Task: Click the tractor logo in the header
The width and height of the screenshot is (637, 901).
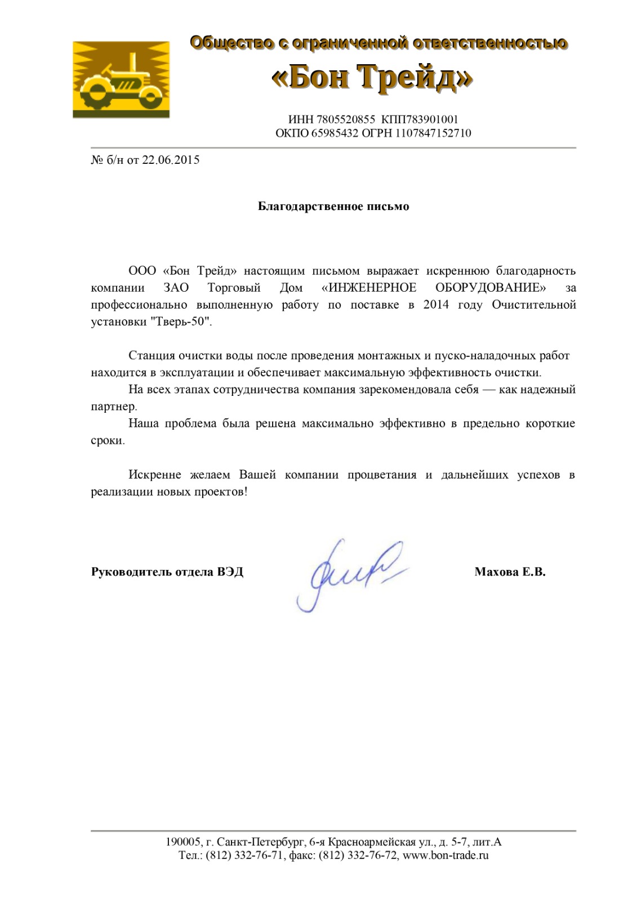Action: [121, 79]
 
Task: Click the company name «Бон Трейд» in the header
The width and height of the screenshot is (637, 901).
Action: [372, 77]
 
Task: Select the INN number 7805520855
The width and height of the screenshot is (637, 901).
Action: [346, 119]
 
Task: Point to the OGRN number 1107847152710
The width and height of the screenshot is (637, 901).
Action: [433, 133]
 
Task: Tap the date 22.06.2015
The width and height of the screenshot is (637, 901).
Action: [171, 160]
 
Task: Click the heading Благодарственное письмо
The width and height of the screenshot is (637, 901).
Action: [333, 207]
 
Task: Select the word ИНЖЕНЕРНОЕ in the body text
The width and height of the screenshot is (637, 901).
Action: [372, 288]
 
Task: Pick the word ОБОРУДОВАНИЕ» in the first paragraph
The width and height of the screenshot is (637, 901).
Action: [491, 288]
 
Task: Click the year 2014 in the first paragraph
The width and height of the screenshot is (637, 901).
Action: [436, 305]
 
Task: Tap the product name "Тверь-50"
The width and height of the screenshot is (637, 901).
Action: [181, 322]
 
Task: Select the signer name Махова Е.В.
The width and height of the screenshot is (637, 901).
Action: [510, 572]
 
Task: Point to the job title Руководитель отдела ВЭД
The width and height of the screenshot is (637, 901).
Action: [167, 572]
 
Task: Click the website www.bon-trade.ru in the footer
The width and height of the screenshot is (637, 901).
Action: [446, 855]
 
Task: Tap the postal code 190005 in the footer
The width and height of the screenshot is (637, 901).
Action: [183, 842]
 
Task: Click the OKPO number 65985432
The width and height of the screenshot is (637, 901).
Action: [335, 133]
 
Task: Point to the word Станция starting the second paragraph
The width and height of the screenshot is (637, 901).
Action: [152, 356]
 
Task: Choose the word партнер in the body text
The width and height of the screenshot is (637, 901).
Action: [113, 407]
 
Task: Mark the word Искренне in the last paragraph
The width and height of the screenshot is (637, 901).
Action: [155, 475]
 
